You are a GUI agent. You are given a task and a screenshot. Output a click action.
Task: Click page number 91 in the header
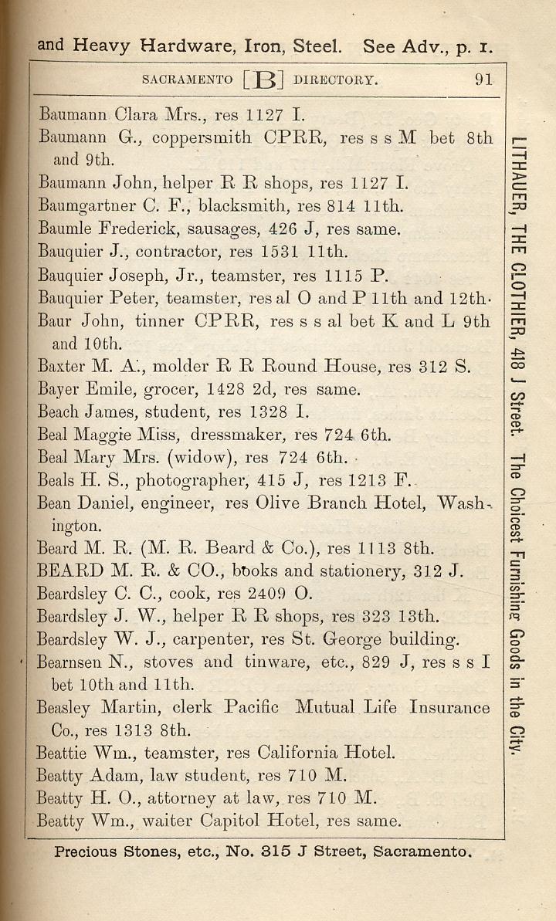[483, 80]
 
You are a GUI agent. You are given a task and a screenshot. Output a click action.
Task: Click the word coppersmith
[202, 138]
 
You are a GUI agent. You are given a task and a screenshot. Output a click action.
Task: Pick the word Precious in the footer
[86, 853]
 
